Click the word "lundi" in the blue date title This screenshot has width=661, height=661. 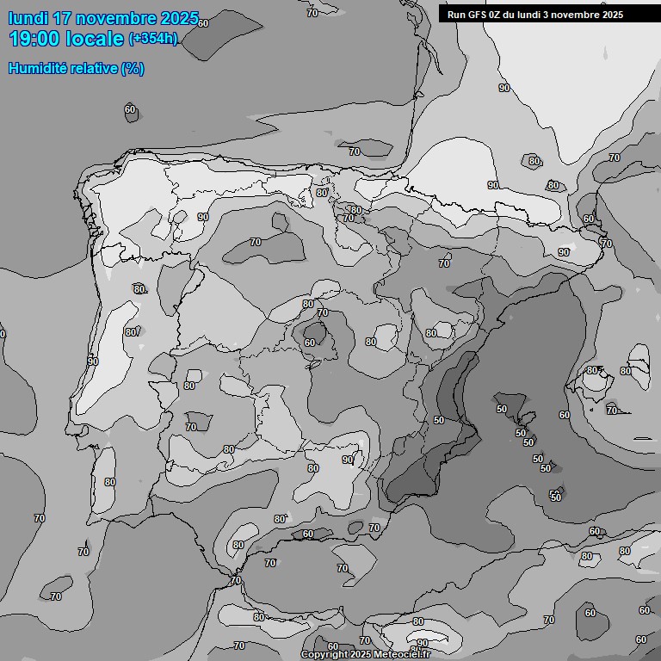(28, 18)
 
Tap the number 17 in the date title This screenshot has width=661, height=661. (63, 18)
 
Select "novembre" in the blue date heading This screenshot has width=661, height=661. (117, 18)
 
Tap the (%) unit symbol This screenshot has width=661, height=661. (133, 68)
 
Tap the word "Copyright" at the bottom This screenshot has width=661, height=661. (324, 655)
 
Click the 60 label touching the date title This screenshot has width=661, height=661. (203, 23)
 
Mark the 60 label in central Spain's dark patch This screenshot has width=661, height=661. (310, 343)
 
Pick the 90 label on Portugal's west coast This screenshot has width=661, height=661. (92, 361)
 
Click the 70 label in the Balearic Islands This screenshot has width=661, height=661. (611, 411)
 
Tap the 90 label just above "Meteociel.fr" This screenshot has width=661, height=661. (423, 643)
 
